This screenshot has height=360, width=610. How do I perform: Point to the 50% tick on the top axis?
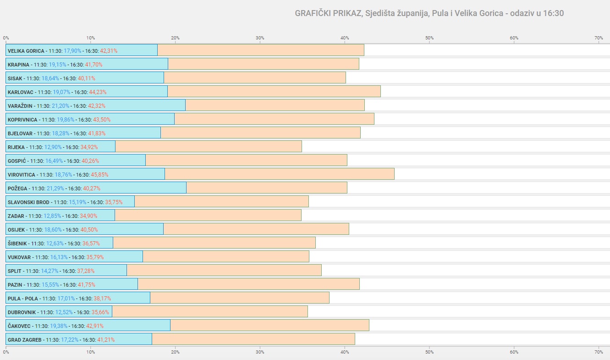tap(429, 38)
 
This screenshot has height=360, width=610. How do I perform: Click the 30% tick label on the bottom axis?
tap(260, 352)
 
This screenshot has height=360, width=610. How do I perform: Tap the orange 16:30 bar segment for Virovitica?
tap(280, 174)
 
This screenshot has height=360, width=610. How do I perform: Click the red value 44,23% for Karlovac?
tap(98, 92)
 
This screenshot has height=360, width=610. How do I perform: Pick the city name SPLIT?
tap(15, 271)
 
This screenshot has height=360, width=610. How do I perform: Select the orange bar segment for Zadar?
tap(208, 215)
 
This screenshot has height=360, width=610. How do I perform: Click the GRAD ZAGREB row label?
tap(25, 340)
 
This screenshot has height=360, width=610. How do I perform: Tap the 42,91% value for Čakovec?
tap(95, 326)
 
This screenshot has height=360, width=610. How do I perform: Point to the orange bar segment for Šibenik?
tap(214, 243)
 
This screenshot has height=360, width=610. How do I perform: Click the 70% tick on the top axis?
tap(599, 38)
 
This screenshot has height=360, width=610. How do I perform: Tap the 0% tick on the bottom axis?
tap(6, 352)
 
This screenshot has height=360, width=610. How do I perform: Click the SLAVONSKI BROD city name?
tap(28, 202)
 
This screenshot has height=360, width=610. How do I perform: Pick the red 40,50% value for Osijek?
tap(89, 230)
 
